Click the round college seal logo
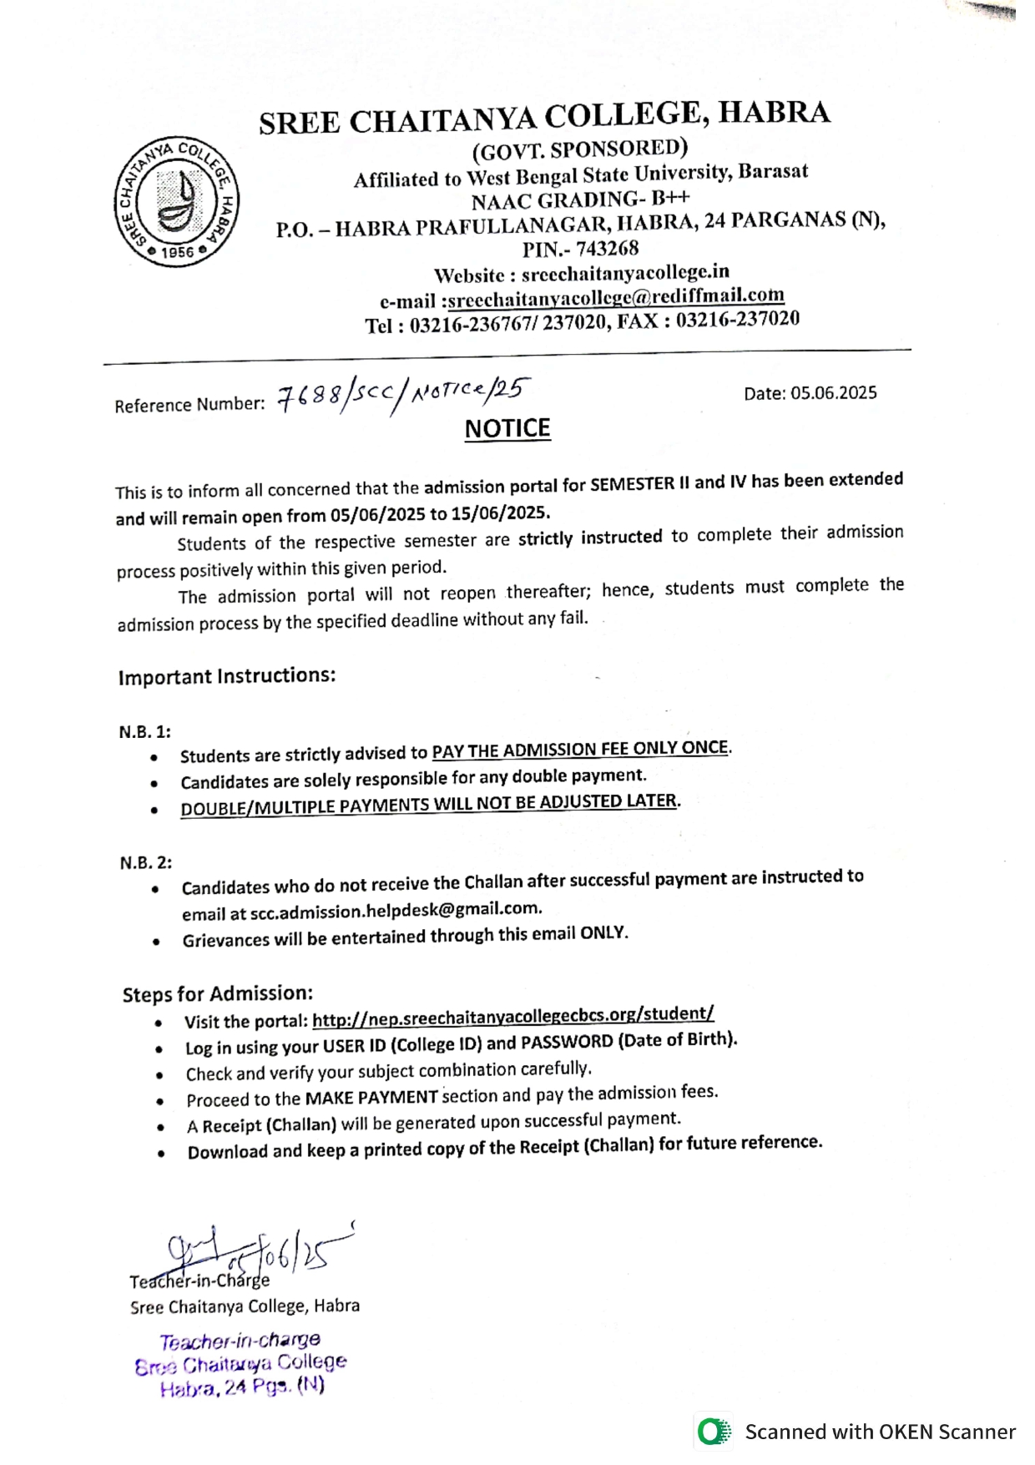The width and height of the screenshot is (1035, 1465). (176, 202)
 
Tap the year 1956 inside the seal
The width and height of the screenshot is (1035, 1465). (178, 252)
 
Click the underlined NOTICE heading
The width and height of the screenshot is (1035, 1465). (507, 429)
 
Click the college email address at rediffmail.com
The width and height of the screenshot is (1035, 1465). (616, 297)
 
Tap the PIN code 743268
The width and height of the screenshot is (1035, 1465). (607, 249)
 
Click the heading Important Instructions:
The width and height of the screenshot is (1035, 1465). (227, 676)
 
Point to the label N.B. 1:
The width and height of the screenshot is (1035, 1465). (144, 732)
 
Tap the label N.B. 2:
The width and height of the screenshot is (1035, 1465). (145, 863)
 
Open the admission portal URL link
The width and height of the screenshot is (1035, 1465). (512, 1016)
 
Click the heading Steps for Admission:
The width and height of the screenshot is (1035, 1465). (218, 994)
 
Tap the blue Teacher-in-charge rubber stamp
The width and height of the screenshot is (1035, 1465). (241, 1363)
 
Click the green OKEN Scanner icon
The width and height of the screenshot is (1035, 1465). (713, 1432)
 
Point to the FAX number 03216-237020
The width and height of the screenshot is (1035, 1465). (738, 320)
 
